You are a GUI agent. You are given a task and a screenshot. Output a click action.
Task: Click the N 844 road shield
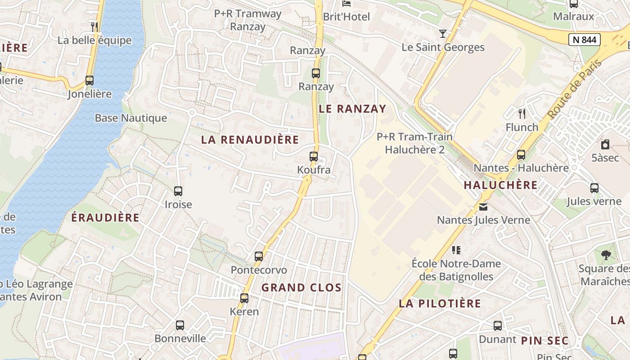point(585,40)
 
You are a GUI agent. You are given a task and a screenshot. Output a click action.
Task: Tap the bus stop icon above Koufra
point(314,157)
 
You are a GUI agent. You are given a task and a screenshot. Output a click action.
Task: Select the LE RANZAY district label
point(352,108)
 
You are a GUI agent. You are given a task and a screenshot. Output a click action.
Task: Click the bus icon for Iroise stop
point(178,191)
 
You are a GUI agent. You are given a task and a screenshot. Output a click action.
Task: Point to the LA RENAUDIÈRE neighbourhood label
point(250,139)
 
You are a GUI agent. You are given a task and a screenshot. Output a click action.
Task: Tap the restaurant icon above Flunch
point(522,113)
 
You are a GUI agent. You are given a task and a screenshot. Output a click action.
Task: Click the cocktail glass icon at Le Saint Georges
point(443,33)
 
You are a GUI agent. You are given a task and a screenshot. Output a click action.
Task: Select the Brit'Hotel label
point(346,17)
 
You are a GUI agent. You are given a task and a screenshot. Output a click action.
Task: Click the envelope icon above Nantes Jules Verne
point(483,207)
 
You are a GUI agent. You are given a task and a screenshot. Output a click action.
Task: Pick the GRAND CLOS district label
point(301,288)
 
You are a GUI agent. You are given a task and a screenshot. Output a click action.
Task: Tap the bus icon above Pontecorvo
point(259,256)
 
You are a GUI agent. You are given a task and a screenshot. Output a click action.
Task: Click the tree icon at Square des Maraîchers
point(606,255)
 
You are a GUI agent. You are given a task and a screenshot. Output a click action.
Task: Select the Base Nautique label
point(130,118)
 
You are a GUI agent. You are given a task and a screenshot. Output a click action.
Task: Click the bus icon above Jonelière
point(90,81)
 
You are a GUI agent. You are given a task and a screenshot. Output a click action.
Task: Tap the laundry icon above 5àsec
point(605,144)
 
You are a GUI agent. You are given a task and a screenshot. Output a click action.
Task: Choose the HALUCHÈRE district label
point(500,185)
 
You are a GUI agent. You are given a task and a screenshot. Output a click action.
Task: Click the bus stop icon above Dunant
point(497,326)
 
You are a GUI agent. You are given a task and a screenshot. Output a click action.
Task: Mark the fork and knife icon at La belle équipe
point(94,27)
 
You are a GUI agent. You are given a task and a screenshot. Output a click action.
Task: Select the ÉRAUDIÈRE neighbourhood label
point(105,217)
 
